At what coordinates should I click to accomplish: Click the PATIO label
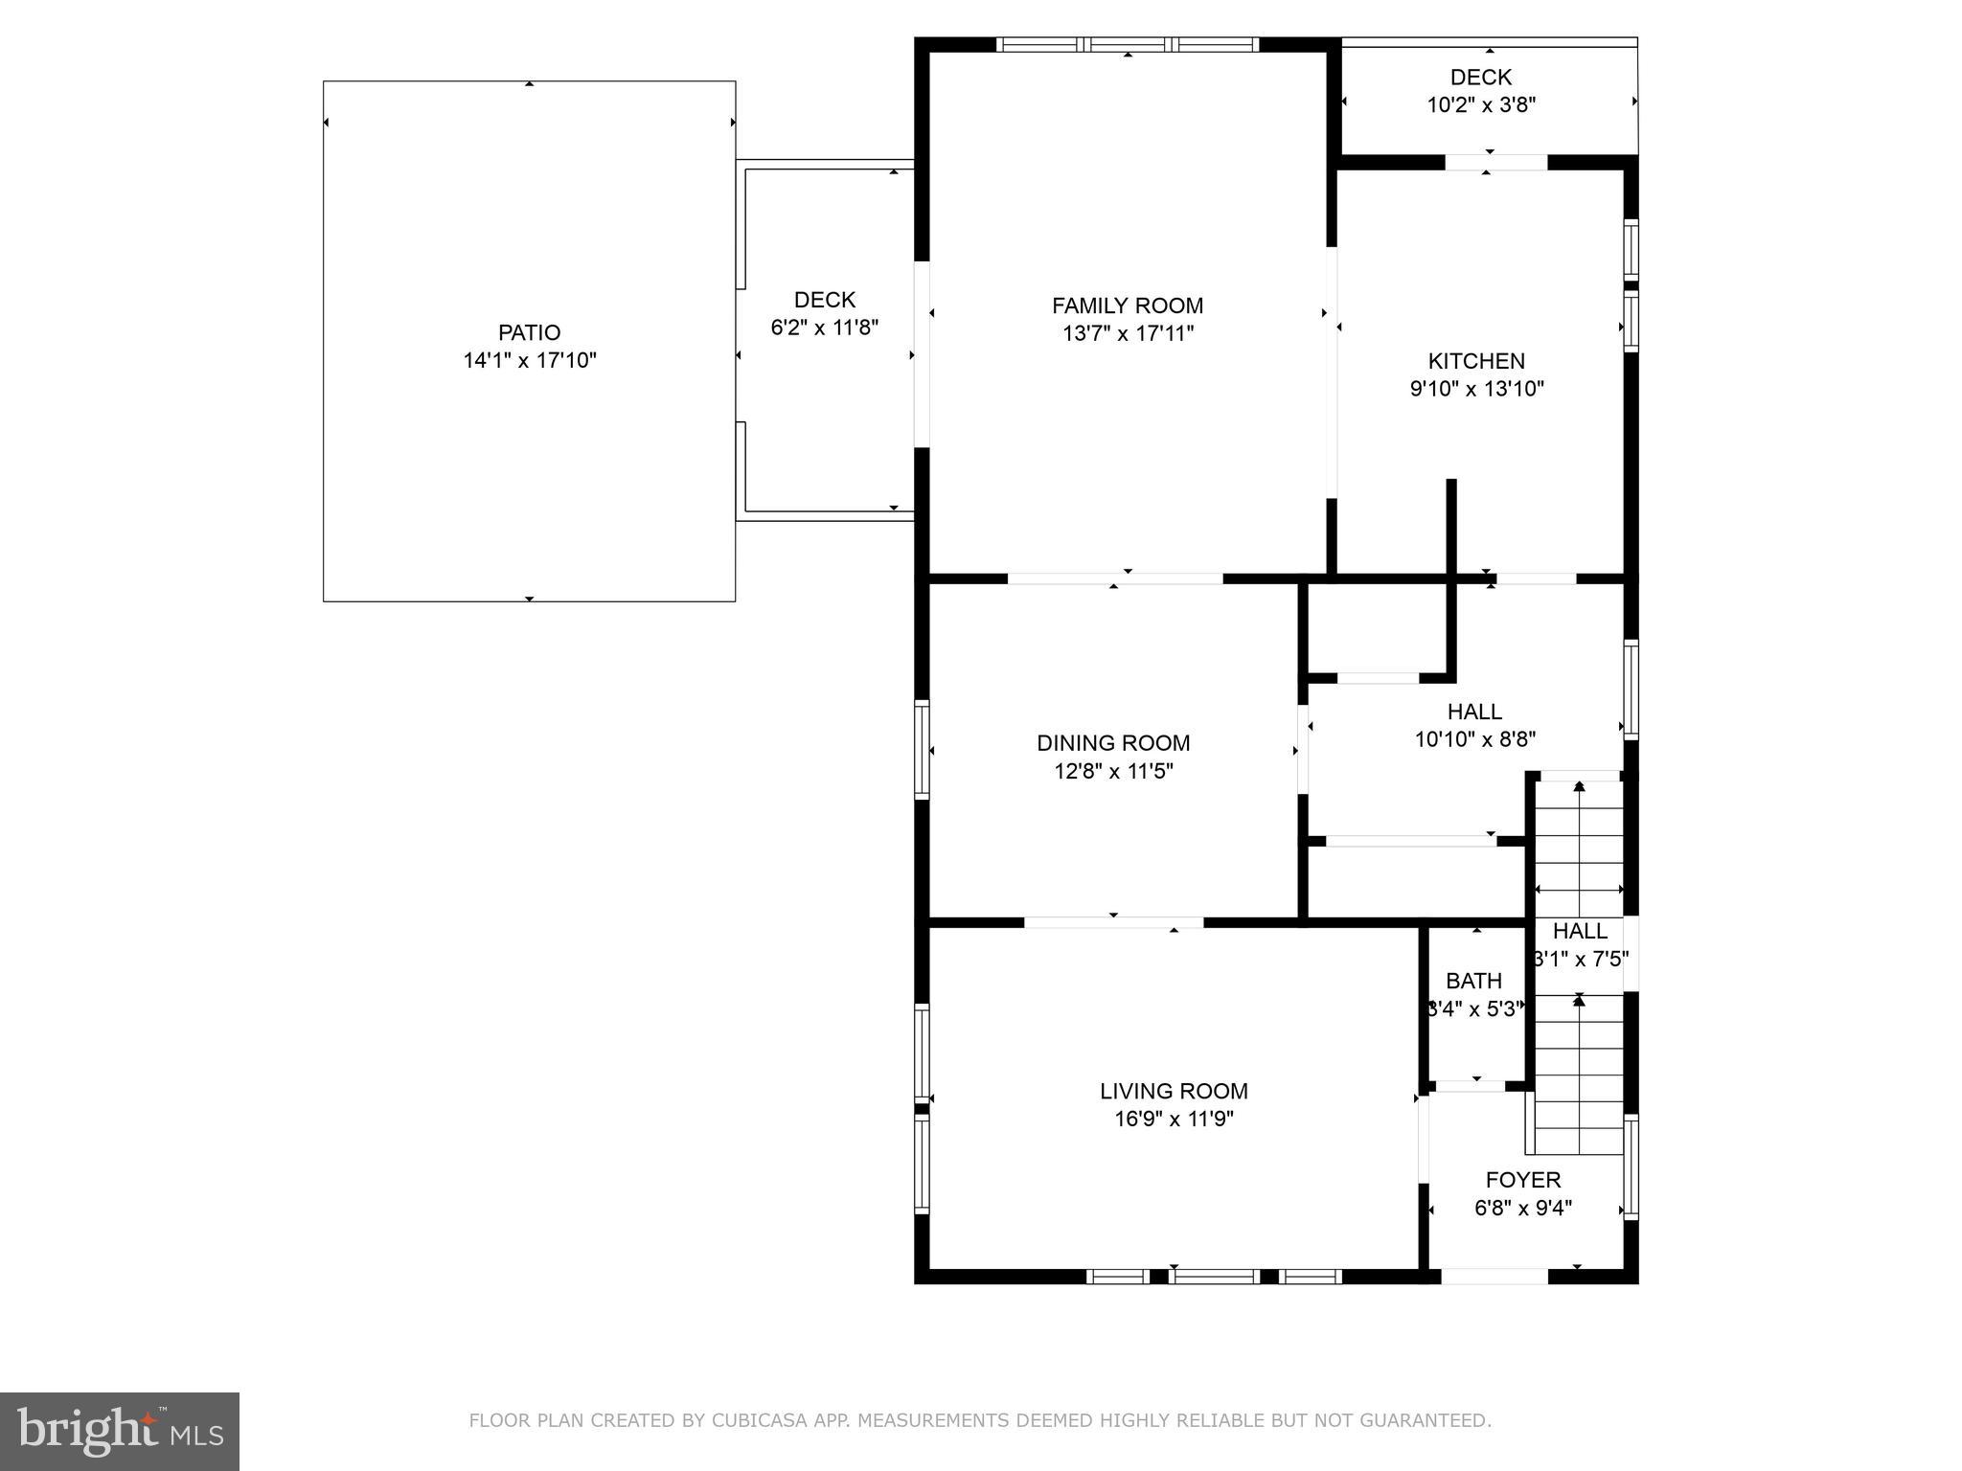(529, 332)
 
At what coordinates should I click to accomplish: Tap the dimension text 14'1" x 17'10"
(529, 361)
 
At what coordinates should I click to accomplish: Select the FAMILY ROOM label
(1128, 306)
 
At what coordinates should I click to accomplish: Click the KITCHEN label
(1476, 361)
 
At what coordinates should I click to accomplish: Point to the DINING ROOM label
(1113, 743)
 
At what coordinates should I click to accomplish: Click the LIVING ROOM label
(1174, 1091)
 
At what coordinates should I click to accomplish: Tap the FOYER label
(1523, 1180)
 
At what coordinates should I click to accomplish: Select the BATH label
(1473, 981)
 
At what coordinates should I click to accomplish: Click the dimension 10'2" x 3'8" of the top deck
(1481, 105)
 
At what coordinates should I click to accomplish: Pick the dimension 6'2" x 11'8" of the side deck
(825, 328)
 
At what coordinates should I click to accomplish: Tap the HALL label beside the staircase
(1580, 931)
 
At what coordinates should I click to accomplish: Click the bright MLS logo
(120, 1431)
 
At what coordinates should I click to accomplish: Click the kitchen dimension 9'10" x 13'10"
(1476, 389)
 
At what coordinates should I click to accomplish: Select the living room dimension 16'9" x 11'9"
(1174, 1119)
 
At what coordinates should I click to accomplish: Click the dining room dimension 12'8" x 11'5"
(1113, 771)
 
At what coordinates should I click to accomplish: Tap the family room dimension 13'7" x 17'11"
(1128, 333)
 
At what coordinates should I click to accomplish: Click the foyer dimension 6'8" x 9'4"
(1523, 1209)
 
